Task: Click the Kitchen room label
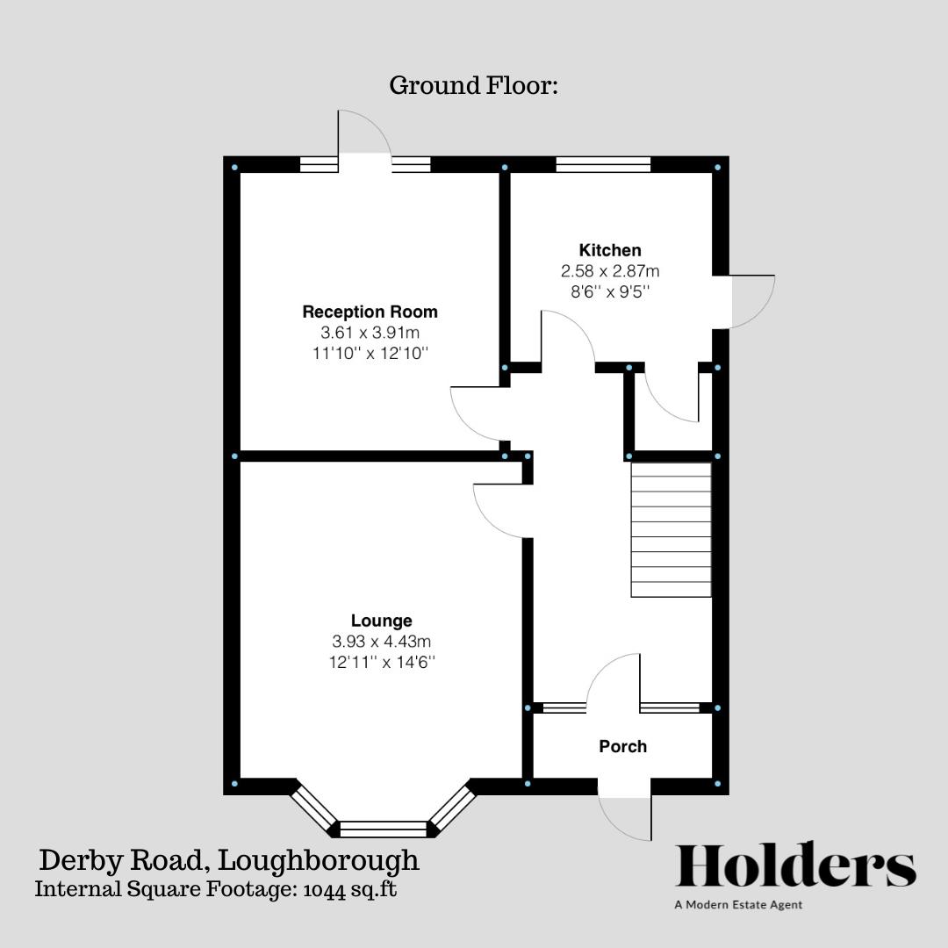coord(609,250)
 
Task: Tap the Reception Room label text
coord(370,312)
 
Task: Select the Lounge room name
coord(381,621)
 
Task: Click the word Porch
coord(622,746)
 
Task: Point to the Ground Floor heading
coord(473,86)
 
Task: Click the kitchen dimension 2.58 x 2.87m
coord(609,271)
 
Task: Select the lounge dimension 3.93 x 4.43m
coord(381,642)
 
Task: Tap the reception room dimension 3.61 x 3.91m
coord(370,333)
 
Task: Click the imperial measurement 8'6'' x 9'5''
coord(609,291)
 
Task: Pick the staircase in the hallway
coord(671,530)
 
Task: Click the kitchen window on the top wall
coord(603,164)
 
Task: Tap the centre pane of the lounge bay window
coord(382,828)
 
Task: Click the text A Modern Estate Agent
coord(738,905)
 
